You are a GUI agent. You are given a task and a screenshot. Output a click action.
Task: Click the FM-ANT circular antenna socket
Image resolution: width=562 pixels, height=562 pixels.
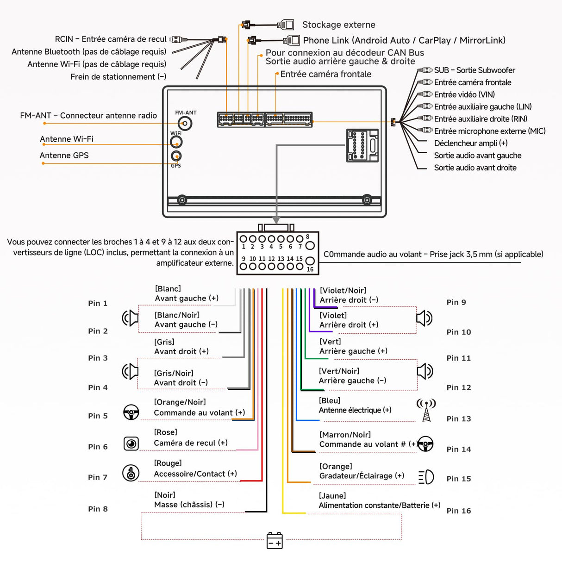tap(185, 123)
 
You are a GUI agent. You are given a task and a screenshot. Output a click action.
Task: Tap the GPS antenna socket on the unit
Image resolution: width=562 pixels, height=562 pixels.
tap(176, 156)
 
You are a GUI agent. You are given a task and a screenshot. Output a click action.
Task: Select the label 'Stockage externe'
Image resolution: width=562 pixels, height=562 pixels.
tap(338, 25)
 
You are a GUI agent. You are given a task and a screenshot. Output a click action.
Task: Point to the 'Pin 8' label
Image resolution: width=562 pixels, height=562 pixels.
tap(98, 509)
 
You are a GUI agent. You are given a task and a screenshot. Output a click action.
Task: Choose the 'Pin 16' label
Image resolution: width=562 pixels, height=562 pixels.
tap(458, 511)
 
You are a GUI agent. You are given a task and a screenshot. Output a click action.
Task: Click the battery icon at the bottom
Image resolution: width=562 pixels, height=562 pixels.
tap(275, 540)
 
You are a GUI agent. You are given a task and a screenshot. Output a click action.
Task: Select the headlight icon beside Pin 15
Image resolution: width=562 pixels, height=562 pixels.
tap(426, 477)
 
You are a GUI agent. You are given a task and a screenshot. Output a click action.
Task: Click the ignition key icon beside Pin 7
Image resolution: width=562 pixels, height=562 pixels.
tap(131, 473)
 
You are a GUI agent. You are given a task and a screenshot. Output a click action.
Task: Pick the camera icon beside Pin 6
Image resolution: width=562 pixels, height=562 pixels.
tap(131, 443)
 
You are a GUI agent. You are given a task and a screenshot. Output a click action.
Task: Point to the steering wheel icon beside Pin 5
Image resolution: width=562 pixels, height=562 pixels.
tap(131, 412)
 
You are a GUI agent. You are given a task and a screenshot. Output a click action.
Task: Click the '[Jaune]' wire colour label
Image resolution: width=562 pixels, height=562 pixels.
tap(332, 496)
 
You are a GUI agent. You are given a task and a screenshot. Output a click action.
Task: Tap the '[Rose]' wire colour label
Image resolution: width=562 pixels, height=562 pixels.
tap(166, 432)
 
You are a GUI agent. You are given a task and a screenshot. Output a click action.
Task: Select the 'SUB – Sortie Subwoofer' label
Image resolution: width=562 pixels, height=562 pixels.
tap(475, 70)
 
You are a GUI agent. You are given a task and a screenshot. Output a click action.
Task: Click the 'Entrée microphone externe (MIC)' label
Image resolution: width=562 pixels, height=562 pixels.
tap(490, 131)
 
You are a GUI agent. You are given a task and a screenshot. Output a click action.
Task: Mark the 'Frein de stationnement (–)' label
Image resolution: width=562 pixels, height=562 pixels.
tap(119, 77)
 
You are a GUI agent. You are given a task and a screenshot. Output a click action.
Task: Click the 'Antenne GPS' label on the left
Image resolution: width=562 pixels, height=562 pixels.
tap(64, 156)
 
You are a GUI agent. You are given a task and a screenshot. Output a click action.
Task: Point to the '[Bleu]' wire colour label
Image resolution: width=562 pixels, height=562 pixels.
tap(330, 400)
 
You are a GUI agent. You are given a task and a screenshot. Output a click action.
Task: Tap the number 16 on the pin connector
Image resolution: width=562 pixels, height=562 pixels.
tap(310, 269)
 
